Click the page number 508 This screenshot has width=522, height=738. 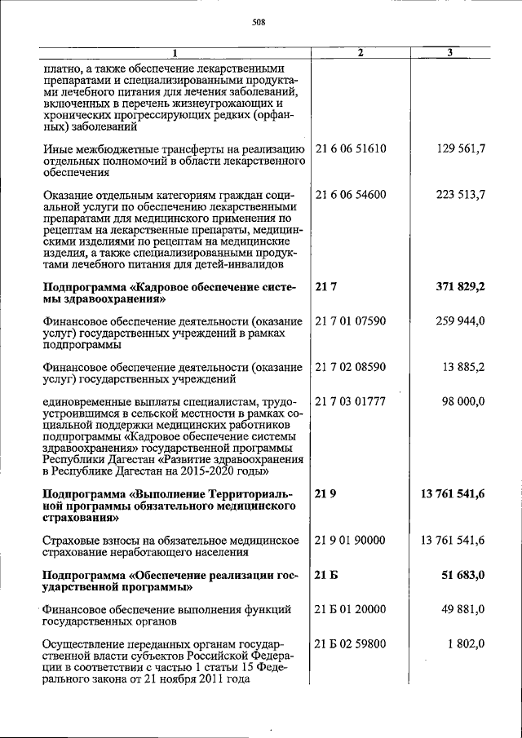tap(260, 22)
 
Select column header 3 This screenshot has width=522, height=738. tap(450, 53)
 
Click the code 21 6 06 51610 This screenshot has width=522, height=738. tap(350, 148)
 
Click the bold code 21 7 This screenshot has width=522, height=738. tap(325, 287)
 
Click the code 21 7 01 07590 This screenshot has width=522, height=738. tap(350, 321)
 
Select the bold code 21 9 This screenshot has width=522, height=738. tap(325, 494)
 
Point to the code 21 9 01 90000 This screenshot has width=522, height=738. tap(350, 540)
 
